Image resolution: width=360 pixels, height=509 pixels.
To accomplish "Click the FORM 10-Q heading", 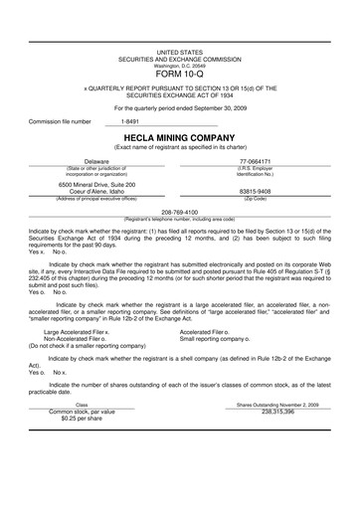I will pos(179,75).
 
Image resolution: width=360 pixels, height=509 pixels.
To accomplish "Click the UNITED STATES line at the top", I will pos(179,49).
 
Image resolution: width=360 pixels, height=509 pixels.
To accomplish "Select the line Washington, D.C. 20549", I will pos(179,64).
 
